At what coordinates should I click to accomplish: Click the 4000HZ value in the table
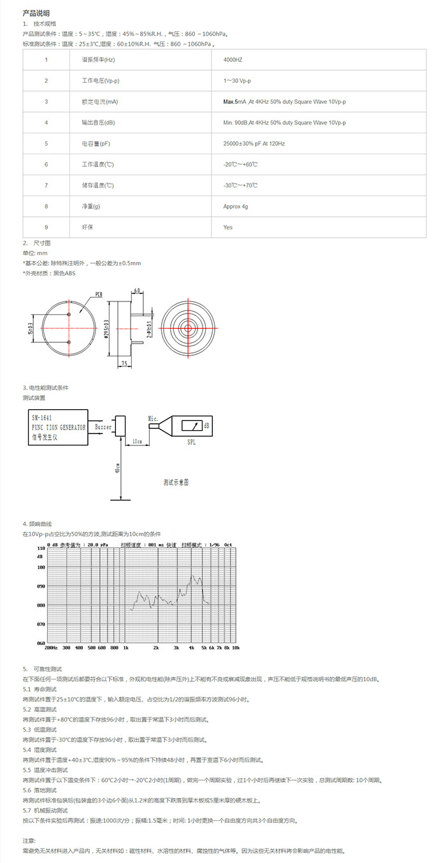233,60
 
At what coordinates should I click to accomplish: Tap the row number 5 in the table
46,144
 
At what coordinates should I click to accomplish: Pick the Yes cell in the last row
228,227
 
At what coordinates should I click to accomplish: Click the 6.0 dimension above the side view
137,289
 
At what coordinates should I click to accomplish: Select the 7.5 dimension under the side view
125,363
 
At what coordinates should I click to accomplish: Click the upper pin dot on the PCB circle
69,314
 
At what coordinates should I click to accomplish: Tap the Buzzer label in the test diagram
103,427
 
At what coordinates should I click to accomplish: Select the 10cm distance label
136,440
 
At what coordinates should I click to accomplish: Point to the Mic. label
153,418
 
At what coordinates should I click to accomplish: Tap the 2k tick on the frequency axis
155,647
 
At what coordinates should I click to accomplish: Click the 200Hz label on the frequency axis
52,647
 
